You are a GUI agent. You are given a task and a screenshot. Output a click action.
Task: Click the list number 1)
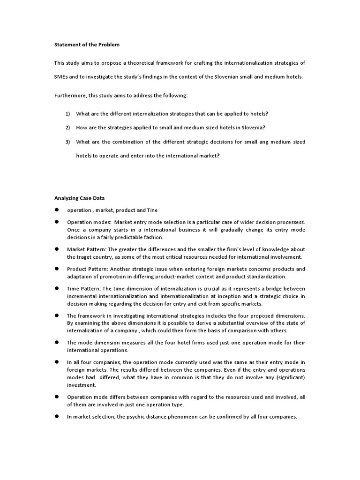(x=67, y=114)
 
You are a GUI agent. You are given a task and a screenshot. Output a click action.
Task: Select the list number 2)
(x=67, y=127)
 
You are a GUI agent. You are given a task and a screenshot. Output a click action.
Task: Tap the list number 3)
(x=67, y=142)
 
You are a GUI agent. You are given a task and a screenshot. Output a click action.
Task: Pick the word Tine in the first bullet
(x=153, y=210)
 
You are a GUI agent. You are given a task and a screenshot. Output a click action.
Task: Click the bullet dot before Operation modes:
(x=56, y=221)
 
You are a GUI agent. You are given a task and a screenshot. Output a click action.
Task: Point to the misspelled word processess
(x=289, y=222)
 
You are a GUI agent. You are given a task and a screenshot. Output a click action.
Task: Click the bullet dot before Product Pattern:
(x=56, y=269)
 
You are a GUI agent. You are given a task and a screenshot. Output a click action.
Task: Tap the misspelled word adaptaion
(x=81, y=277)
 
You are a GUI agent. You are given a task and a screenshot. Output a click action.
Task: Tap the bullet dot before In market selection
(x=56, y=416)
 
